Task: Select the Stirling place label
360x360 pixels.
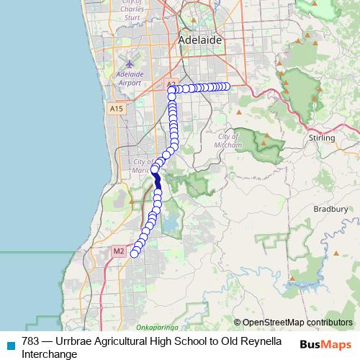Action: coord(321,137)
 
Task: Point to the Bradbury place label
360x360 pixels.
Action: coord(330,209)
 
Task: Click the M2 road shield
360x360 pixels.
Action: coord(120,251)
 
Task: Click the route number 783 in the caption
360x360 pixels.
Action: coord(31,342)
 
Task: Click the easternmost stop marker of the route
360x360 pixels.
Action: coord(227,86)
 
